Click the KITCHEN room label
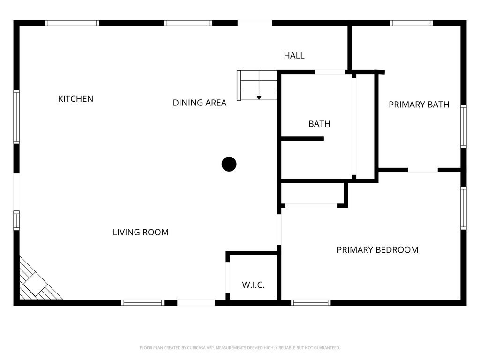(75, 99)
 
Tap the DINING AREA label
(199, 103)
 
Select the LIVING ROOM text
(141, 232)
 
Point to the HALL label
(294, 55)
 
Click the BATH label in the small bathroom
(319, 124)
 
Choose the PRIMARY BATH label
(419, 105)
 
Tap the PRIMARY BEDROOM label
(377, 250)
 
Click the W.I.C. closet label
(253, 285)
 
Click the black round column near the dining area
(229, 164)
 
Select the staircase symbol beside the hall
(257, 85)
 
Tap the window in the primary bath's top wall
(411, 23)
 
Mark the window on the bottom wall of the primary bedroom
(311, 303)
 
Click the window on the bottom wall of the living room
(142, 303)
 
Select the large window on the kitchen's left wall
(16, 117)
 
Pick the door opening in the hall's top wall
(255, 23)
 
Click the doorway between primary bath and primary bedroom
(422, 170)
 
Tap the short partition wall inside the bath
(302, 138)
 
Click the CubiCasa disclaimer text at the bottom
(240, 348)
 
